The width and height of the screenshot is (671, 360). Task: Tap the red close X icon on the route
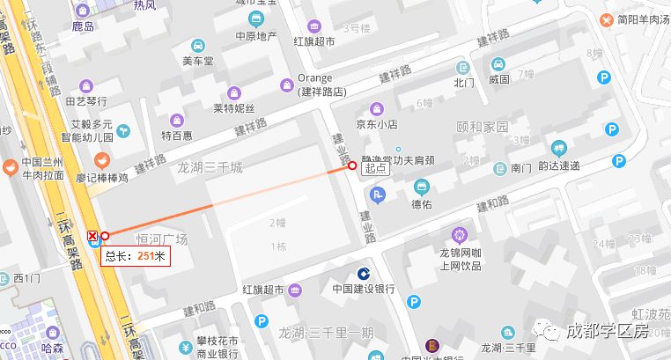[x=93, y=235]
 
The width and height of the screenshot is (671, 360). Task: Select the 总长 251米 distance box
[x=135, y=256]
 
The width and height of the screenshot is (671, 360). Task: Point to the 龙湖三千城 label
[x=210, y=167]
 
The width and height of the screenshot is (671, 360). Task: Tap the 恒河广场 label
[x=162, y=239]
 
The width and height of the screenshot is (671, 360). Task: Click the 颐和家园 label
[x=483, y=126]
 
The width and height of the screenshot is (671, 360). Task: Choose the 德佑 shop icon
[x=422, y=187]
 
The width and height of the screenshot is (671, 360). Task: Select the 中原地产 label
[x=256, y=37]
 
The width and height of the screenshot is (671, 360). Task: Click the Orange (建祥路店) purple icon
[x=286, y=84]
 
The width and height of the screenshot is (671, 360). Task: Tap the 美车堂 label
[x=198, y=62]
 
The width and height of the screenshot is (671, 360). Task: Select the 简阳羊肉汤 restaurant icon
[x=607, y=19]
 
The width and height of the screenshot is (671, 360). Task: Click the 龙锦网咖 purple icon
[x=458, y=233]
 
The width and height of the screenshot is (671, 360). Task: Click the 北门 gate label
[x=463, y=84]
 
